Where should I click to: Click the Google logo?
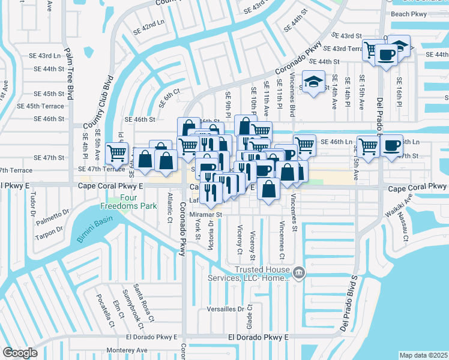click(20, 353)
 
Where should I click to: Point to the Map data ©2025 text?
click(424, 355)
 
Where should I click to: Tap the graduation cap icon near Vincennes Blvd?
click(313, 82)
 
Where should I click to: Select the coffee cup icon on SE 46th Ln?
click(391, 145)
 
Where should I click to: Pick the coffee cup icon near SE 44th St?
click(385, 55)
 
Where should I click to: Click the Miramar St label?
click(206, 214)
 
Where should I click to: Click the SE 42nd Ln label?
click(148, 27)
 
